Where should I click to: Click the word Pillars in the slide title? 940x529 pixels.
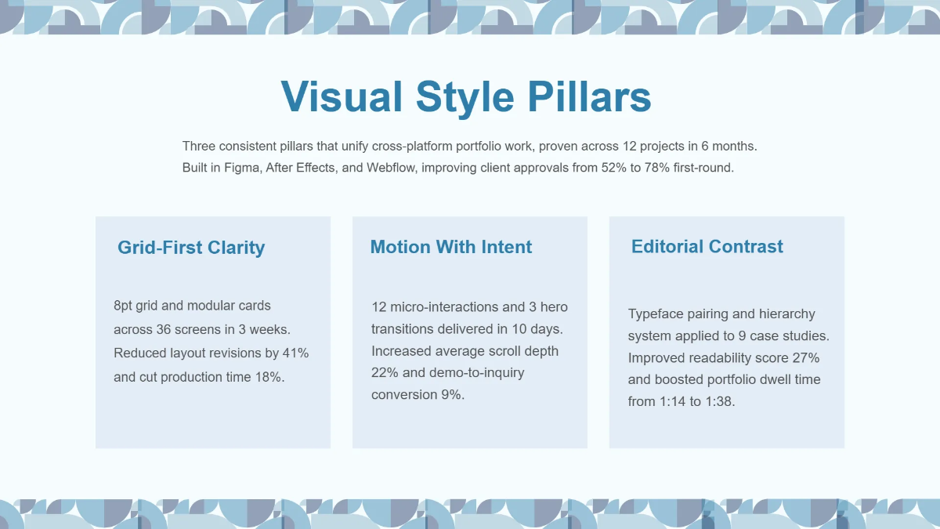pos(588,97)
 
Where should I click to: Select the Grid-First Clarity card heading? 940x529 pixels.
pos(191,248)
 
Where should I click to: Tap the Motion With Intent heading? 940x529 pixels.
pos(450,247)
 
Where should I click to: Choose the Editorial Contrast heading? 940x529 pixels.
pos(707,246)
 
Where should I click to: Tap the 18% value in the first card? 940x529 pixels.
pos(269,377)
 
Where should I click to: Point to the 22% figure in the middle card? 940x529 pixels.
pos(384,372)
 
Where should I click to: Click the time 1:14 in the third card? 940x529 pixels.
pos(673,401)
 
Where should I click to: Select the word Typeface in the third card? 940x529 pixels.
pos(655,313)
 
